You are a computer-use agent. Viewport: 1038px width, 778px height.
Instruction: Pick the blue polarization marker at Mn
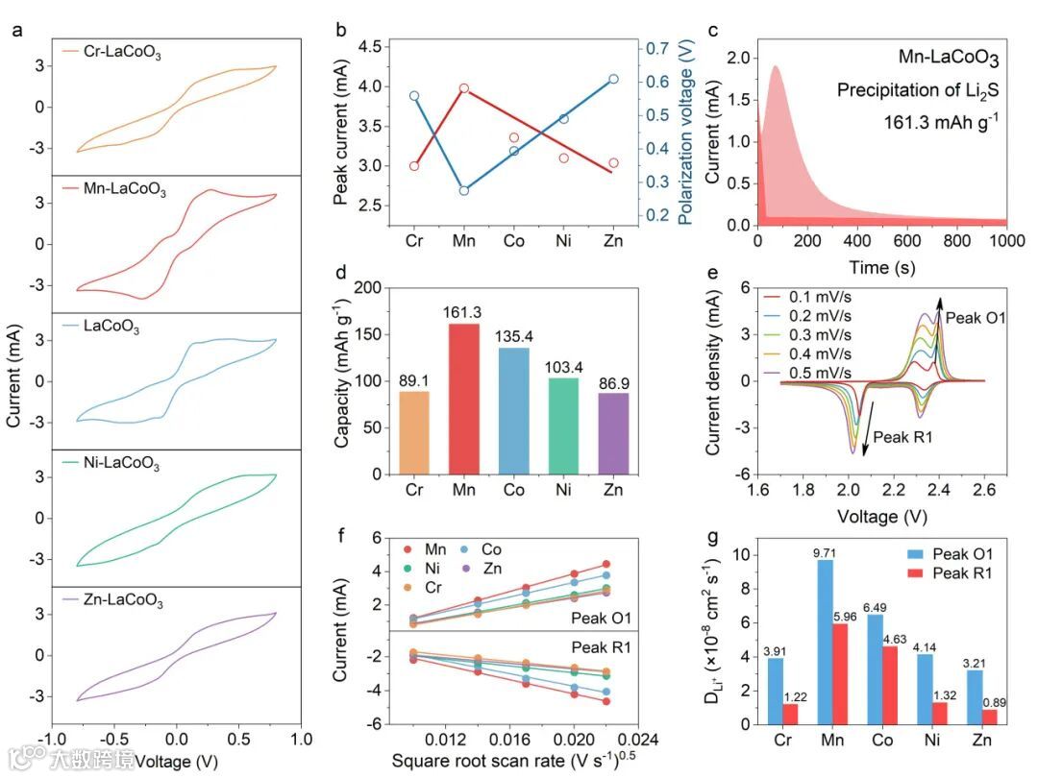tap(491, 191)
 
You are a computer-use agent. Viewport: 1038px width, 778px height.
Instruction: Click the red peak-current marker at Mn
tap(491, 88)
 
